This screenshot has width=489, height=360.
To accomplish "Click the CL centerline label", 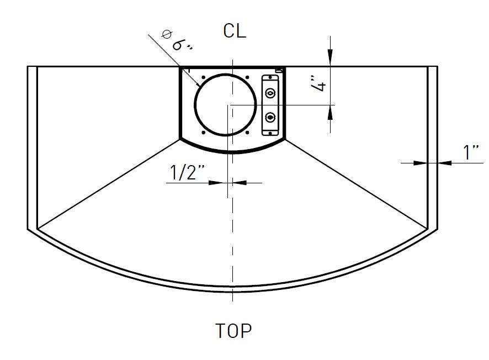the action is [x=235, y=31].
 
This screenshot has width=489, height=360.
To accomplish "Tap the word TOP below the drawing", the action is [x=233, y=331].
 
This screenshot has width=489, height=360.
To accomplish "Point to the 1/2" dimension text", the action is [x=188, y=172].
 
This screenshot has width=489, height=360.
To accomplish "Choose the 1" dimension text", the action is [x=471, y=152].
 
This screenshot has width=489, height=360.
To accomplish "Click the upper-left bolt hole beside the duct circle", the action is [x=203, y=77].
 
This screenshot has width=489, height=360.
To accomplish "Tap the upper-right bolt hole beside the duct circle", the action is [x=247, y=77].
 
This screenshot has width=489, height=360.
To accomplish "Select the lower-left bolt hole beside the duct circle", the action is [x=204, y=133].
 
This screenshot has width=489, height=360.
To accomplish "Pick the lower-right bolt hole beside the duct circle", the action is [x=247, y=133].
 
